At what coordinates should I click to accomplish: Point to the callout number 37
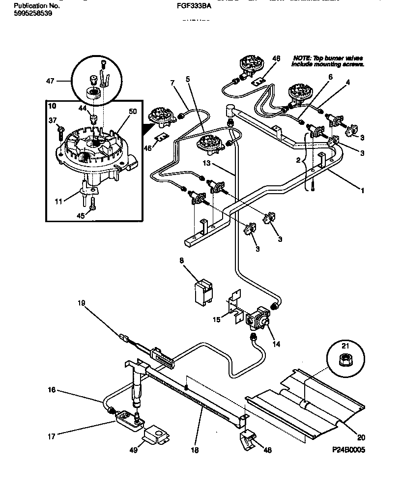click(x=53, y=119)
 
